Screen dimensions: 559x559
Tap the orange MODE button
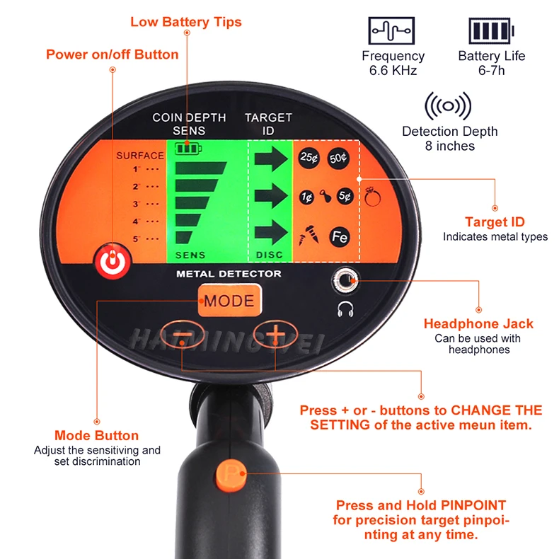pos(229,301)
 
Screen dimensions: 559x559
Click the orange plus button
pos(275,333)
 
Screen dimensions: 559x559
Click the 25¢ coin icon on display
pos(309,158)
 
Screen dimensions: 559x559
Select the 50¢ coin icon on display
pos(339,158)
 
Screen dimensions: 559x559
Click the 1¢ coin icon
pos(306,197)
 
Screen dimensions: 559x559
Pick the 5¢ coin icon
pos(345,197)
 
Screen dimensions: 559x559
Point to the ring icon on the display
pos(373,196)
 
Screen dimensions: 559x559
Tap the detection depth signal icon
pos(449,107)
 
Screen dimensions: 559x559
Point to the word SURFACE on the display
pos(140,156)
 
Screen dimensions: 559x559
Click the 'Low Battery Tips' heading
pos(186,22)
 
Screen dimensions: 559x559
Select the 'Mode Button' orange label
pos(96,436)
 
